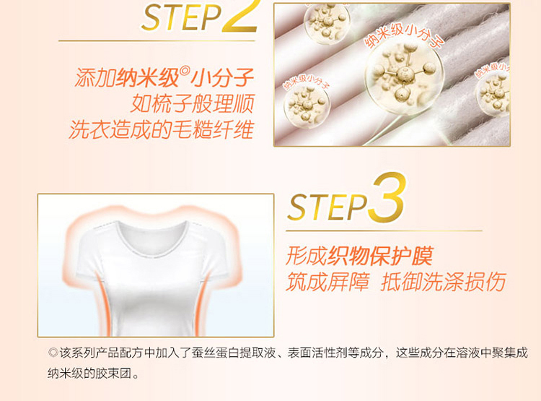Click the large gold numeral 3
[x=387, y=197]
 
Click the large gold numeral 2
[x=240, y=16]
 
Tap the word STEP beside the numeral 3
[x=327, y=207]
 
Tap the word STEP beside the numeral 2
[x=182, y=17]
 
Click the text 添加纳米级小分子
[x=164, y=77]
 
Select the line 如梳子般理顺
[x=193, y=103]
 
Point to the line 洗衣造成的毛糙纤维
[x=162, y=129]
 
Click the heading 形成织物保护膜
[x=359, y=256]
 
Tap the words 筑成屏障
[x=327, y=282]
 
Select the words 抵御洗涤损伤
[x=444, y=282]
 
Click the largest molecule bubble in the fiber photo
[x=404, y=77]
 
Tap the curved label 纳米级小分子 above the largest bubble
[x=404, y=35]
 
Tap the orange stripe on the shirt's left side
[x=104, y=304]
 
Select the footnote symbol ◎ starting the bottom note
[x=53, y=353]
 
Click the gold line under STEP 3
[x=384, y=230]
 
